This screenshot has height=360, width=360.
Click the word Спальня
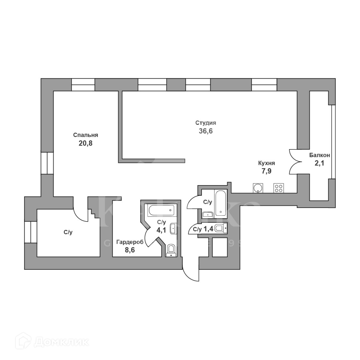(85, 135)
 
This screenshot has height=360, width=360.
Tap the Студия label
(206, 123)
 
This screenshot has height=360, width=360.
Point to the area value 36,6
(206, 131)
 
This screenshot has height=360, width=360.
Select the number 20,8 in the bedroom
(85, 143)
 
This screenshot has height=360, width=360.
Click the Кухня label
(266, 163)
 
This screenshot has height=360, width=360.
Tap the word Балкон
(319, 155)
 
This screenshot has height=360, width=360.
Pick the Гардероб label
(130, 242)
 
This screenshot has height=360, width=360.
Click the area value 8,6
(130, 250)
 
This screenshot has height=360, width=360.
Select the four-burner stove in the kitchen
(278, 188)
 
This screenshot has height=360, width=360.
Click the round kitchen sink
(258, 188)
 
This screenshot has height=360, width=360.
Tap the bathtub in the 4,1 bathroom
(161, 211)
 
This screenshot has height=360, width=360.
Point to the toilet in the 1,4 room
(220, 229)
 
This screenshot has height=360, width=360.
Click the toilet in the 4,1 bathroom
(171, 249)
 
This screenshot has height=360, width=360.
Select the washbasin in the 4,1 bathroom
(173, 228)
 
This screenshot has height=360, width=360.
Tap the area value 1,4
(208, 229)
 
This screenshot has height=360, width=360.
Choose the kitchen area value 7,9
(266, 171)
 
